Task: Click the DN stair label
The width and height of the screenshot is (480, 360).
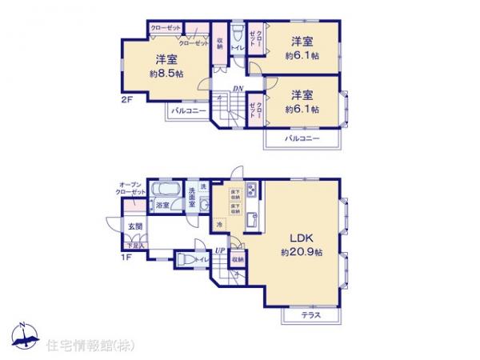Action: click(238, 88)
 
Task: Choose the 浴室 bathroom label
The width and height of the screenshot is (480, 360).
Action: click(162, 206)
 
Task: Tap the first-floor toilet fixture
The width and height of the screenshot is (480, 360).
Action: click(183, 260)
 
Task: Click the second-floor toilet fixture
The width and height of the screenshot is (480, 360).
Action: click(238, 38)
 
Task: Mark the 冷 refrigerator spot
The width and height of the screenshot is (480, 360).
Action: click(219, 225)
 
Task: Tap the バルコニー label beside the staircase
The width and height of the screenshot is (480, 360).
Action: click(188, 110)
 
